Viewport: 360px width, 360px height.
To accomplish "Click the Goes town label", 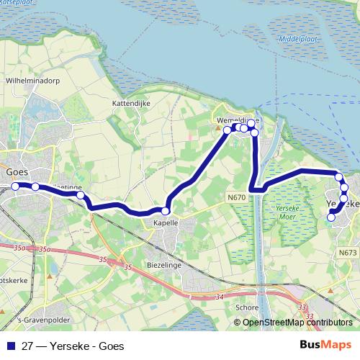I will pos(17,173).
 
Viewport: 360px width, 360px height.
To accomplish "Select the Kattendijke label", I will pos(130,104).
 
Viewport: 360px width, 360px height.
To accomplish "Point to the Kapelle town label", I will pos(166,224).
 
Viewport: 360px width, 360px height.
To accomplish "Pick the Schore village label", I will pos(246,307).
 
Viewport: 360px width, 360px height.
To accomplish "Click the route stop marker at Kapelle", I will pos(166,211).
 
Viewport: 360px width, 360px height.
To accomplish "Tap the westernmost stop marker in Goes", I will pos(14,186).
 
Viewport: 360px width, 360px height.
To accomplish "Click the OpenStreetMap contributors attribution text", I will pos(297,323).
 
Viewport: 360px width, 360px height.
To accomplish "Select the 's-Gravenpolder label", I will pos(32,320).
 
